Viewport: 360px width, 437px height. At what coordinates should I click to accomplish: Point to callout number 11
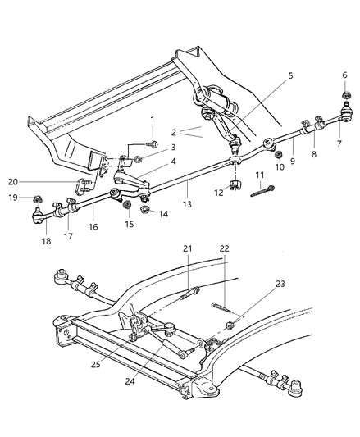tap(259, 175)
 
